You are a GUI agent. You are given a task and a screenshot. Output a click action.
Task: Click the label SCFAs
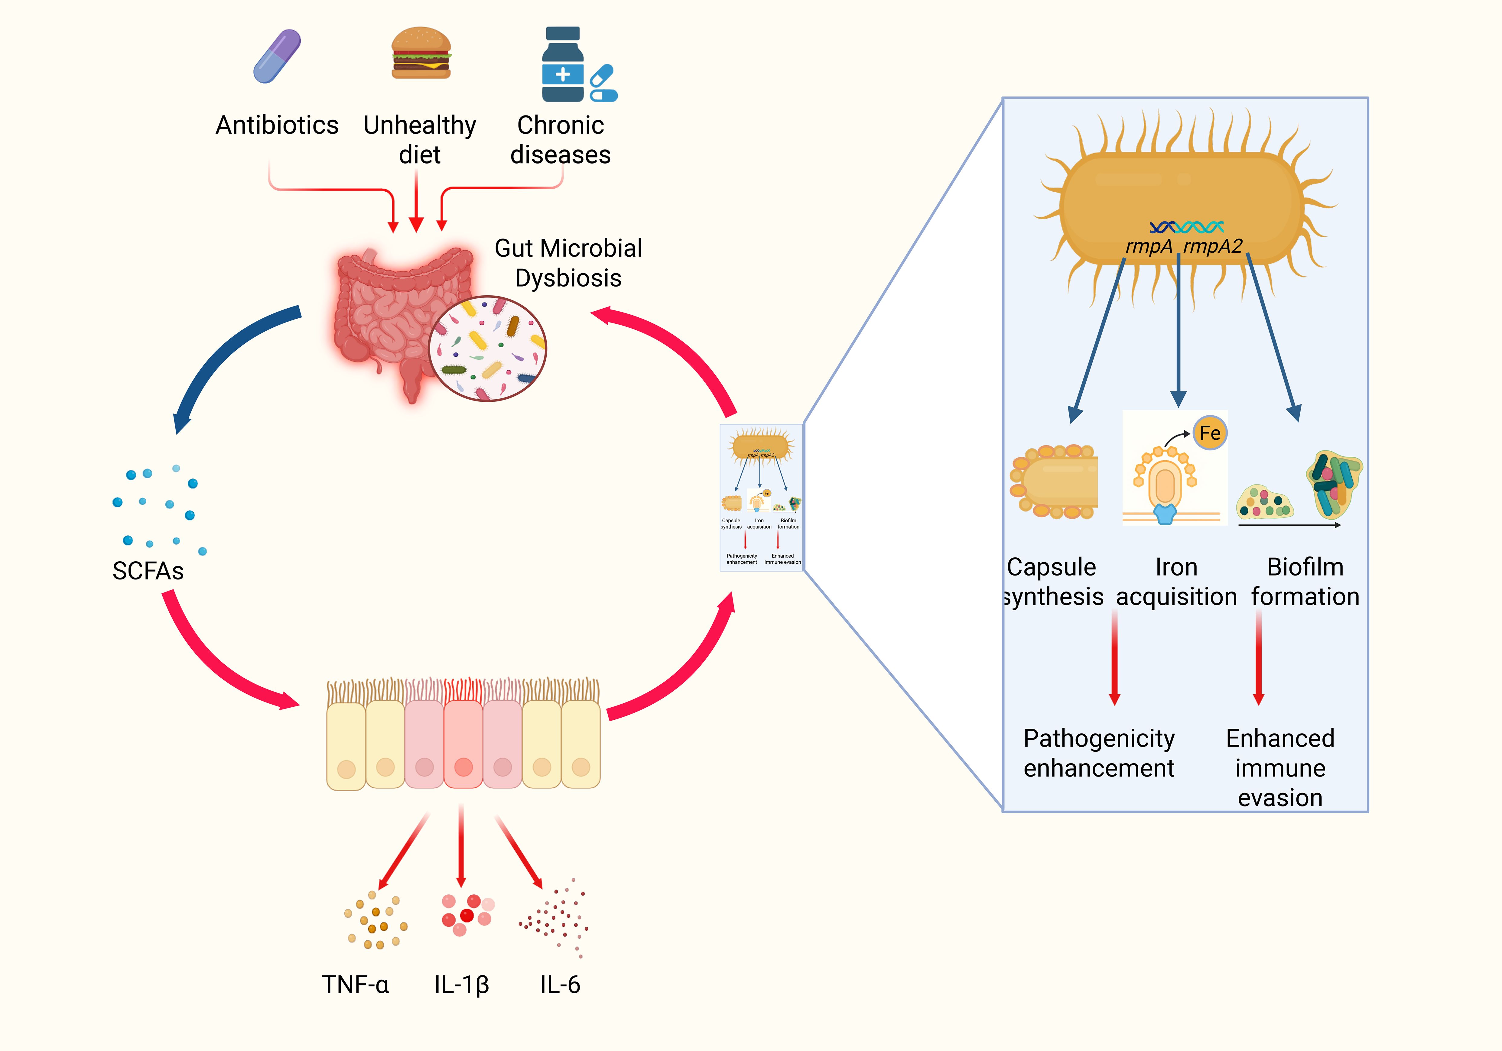tap(148, 571)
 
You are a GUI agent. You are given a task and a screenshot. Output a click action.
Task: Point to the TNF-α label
tap(355, 984)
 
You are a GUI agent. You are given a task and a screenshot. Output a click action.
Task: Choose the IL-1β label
tap(461, 984)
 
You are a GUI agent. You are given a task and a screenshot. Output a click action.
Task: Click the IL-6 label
tap(560, 984)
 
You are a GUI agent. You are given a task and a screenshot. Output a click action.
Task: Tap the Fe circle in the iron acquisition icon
tap(1210, 433)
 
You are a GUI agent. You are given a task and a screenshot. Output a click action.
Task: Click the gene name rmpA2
tap(1212, 247)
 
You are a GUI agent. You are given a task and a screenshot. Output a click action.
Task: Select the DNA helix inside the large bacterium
tap(1186, 227)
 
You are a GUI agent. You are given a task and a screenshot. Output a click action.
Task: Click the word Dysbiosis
tap(568, 278)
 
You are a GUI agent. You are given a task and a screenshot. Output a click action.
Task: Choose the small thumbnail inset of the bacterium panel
tap(761, 497)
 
